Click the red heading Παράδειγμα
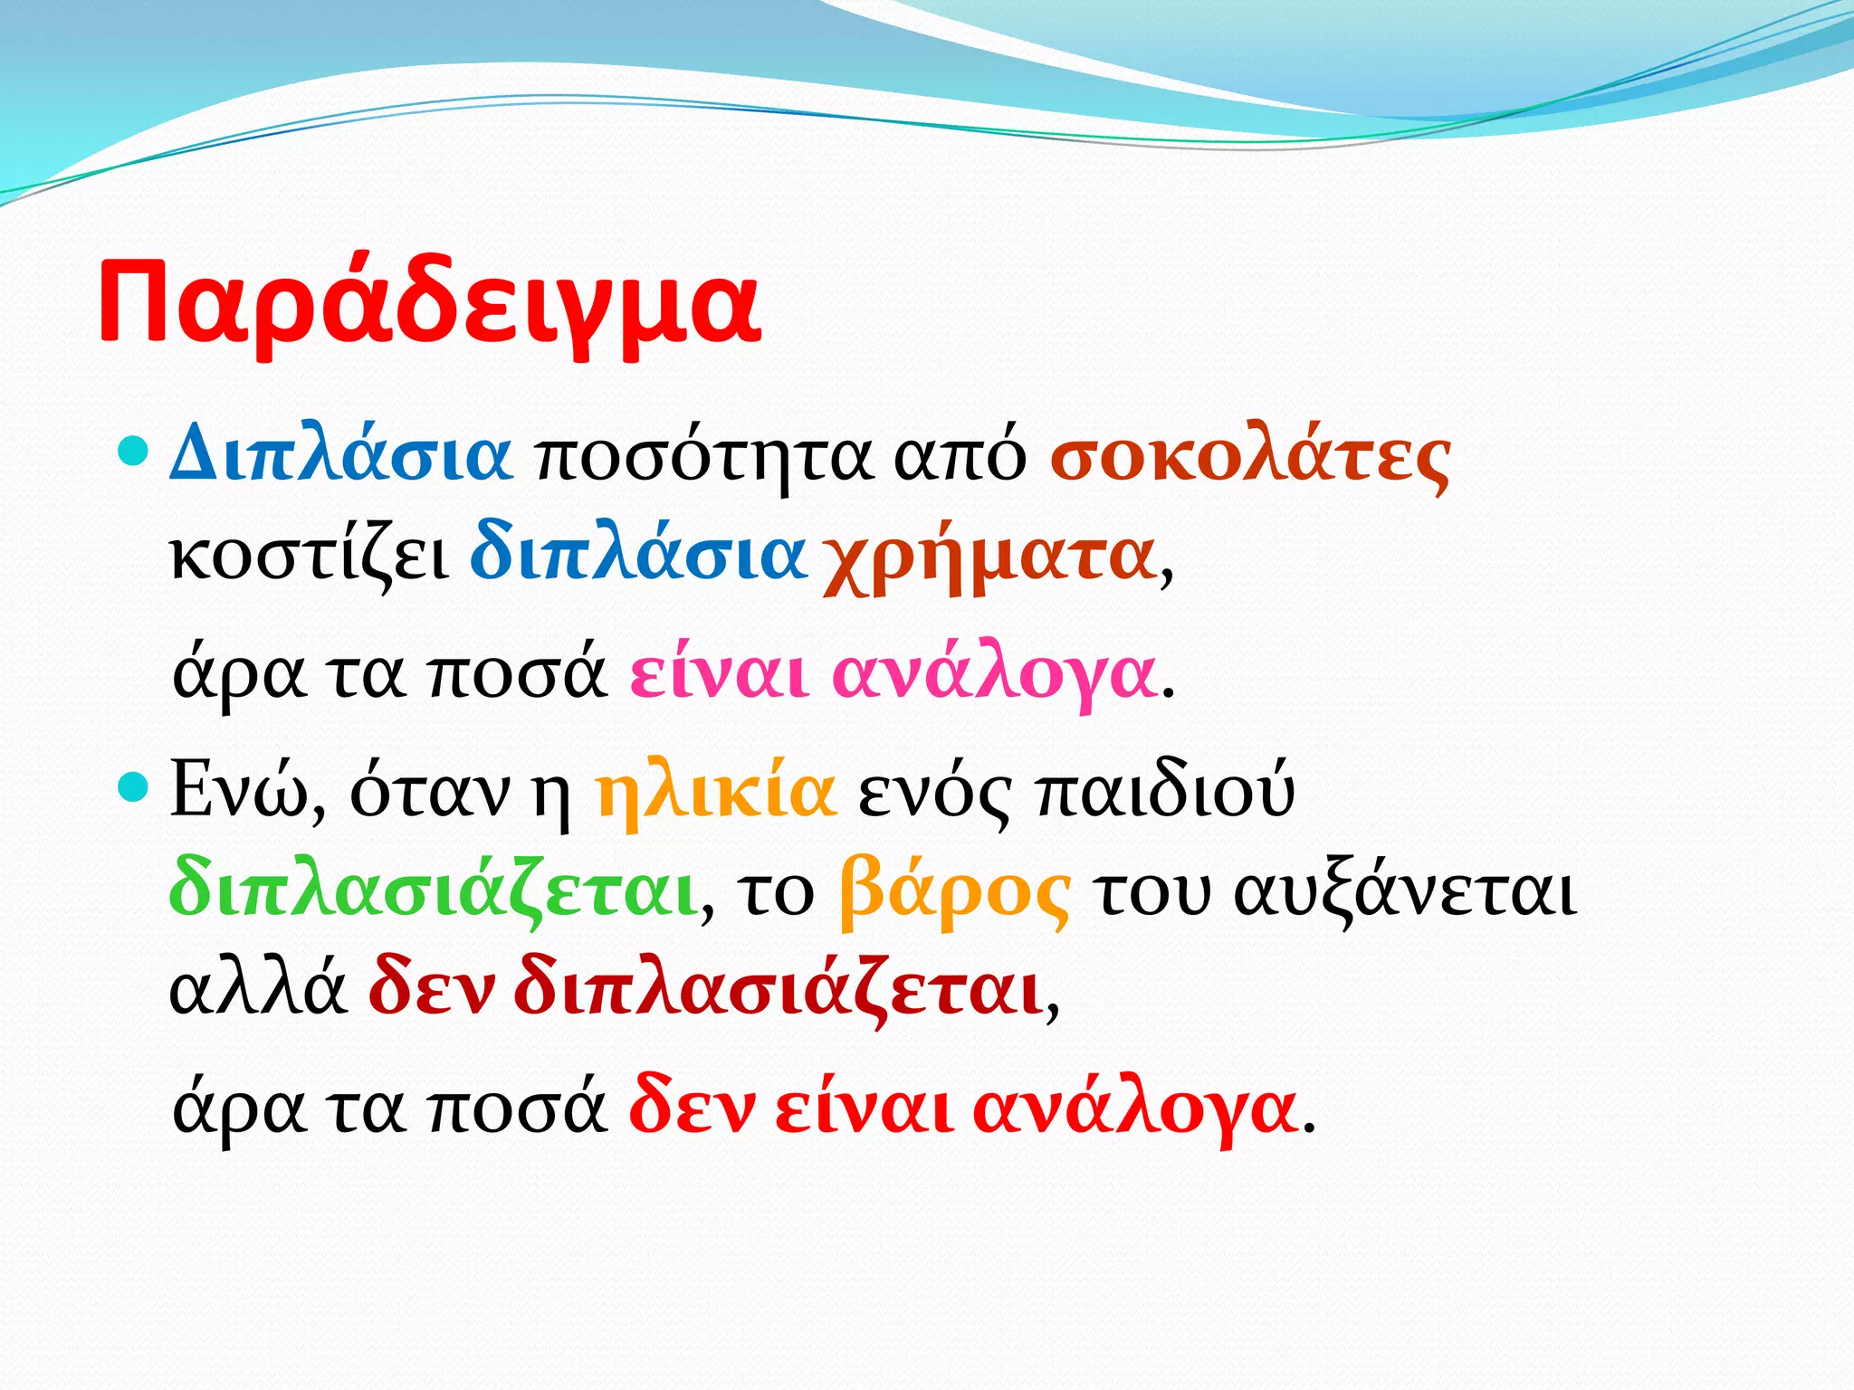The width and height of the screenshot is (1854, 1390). pyautogui.click(x=429, y=302)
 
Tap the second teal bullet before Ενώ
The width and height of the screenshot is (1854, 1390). pyautogui.click(x=133, y=786)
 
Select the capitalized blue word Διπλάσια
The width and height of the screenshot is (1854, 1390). pyautogui.click(x=341, y=455)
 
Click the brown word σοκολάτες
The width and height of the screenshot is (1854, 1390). pyautogui.click(x=1250, y=458)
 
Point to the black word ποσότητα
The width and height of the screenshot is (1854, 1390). pyautogui.click(x=704, y=458)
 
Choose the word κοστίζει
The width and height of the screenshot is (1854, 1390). pyautogui.click(x=309, y=556)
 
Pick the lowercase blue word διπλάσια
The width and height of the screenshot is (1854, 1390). pyautogui.click(x=637, y=554)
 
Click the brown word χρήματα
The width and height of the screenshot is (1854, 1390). pyautogui.click(x=989, y=558)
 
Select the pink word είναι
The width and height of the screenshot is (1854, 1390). pyautogui.click(x=720, y=674)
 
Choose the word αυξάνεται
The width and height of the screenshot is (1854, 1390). pyautogui.click(x=1406, y=894)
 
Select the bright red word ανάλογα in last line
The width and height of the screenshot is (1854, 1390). pyautogui.click(x=1135, y=1110)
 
